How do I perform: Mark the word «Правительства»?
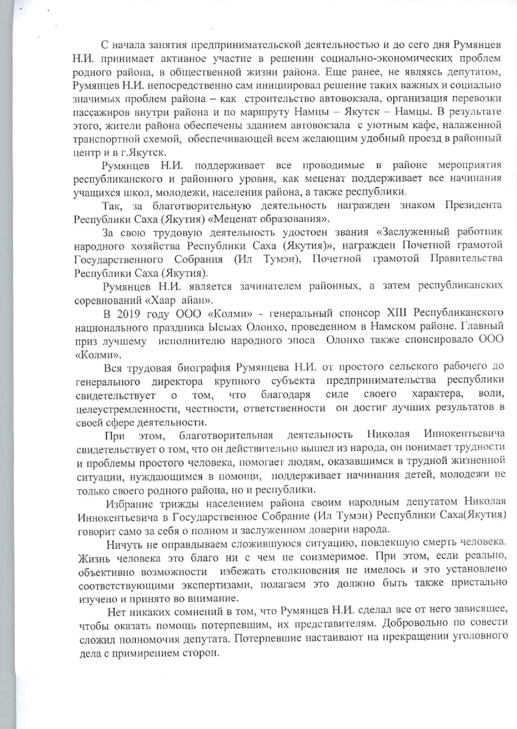(x=466, y=259)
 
